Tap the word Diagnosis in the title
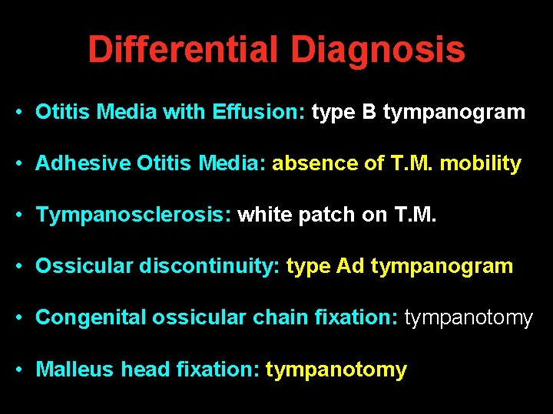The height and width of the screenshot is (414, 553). [x=377, y=50]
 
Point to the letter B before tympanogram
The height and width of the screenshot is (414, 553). [x=369, y=113]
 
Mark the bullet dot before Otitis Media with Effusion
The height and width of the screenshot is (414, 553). [x=17, y=113]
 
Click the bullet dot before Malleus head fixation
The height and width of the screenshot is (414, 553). [x=17, y=370]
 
